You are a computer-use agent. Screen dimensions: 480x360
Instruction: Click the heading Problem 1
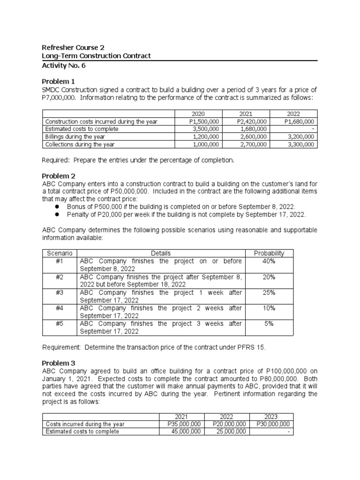(x=58, y=81)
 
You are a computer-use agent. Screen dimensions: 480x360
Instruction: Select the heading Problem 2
(x=58, y=176)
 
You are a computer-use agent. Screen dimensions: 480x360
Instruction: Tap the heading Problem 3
(x=58, y=363)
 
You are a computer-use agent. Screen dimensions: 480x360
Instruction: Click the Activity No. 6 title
(x=64, y=66)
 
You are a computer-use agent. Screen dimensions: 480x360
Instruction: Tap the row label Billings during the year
(x=75, y=136)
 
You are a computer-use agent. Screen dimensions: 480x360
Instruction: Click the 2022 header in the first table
(x=294, y=114)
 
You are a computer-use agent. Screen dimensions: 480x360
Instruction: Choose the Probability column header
(x=269, y=253)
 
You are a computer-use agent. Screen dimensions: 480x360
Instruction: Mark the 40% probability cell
(x=269, y=261)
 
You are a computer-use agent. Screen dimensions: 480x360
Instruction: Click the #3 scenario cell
(x=60, y=292)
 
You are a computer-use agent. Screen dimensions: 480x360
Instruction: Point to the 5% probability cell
(x=269, y=323)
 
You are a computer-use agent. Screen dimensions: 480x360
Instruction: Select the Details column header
(x=161, y=253)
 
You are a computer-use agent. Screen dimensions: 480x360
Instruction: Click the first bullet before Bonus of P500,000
(x=57, y=207)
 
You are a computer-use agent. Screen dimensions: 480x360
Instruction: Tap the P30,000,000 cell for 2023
(x=273, y=424)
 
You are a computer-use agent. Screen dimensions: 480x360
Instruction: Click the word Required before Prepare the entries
(x=56, y=160)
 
